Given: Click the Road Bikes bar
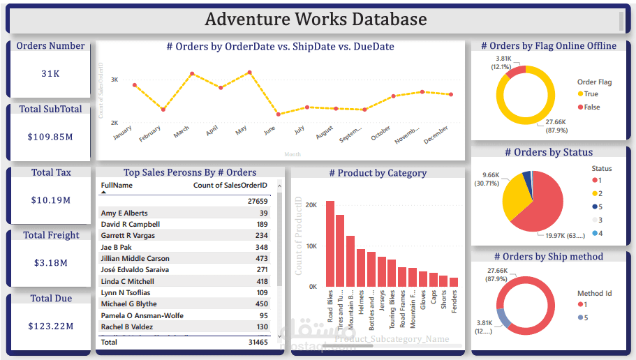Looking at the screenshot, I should point(330,244).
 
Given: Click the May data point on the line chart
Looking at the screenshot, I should point(249,72).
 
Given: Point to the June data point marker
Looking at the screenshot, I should point(279,114).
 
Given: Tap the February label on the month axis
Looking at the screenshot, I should point(150,133).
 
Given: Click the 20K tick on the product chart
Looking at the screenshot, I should point(311,205).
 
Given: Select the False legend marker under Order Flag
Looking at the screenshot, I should point(581,107).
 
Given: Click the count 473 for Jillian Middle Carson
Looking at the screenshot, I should point(261,258).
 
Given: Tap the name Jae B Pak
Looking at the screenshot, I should point(116,247).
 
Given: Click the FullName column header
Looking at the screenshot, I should point(117,186).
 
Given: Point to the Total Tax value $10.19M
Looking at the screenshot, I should point(51,200).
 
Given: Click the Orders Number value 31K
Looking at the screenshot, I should point(50,73).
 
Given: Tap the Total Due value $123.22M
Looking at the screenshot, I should point(51,327).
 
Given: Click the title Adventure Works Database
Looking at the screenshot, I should point(316,19).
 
